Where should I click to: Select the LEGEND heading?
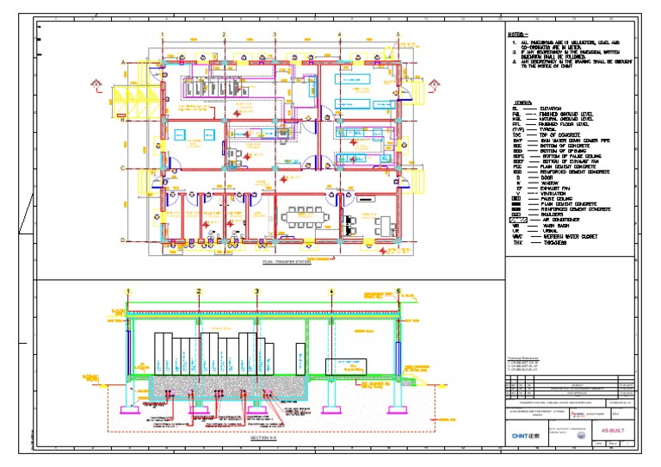tap(522, 101)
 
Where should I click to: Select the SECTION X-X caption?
tap(263, 438)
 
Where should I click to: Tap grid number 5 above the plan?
tap(398, 34)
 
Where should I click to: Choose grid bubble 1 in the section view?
tap(128, 291)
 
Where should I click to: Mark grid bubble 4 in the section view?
tap(332, 291)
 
